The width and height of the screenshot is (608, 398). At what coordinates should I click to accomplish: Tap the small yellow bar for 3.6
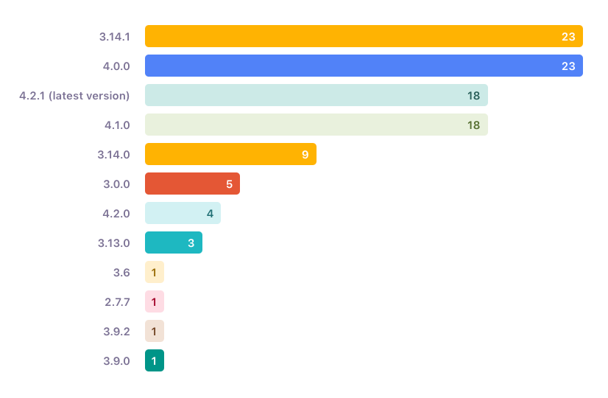pyautogui.click(x=155, y=272)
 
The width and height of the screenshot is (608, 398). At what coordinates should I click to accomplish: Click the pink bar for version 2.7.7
pyautogui.click(x=155, y=301)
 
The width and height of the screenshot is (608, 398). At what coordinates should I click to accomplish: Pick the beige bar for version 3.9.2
pyautogui.click(x=155, y=331)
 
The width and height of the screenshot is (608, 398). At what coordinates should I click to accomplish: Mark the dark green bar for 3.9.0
pyautogui.click(x=155, y=360)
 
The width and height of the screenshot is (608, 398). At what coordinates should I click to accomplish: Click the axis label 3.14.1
pyautogui.click(x=114, y=36)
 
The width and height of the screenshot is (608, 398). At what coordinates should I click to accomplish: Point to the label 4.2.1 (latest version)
pyautogui.click(x=74, y=95)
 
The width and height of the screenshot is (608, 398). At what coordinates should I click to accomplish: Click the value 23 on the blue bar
pyautogui.click(x=568, y=66)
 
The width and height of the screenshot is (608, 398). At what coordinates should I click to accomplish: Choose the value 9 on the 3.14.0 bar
pyautogui.click(x=305, y=155)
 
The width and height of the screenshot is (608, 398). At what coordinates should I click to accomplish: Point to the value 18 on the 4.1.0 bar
pyautogui.click(x=473, y=125)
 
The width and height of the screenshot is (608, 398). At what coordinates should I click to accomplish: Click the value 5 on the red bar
pyautogui.click(x=229, y=184)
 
